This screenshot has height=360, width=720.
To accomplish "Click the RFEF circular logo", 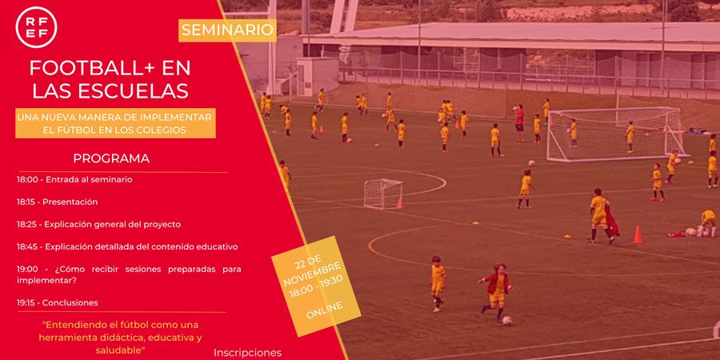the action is coord(36,27).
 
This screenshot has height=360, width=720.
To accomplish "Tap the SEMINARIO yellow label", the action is coord(227,30).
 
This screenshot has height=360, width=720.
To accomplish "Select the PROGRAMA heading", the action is coord(111,158).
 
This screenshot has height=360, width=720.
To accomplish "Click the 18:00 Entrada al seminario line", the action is coord(75,179).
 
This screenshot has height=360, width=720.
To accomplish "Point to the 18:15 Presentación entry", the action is coord(58,202).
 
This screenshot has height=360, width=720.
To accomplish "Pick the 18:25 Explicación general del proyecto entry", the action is coord(98,225).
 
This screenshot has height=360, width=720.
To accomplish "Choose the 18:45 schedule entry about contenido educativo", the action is coord(127,246).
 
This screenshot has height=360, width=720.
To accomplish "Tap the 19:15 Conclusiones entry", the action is coord(58,303).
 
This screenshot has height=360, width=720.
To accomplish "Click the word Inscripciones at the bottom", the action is coord(247,353).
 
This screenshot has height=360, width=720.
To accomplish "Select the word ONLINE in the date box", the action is coord(324,310).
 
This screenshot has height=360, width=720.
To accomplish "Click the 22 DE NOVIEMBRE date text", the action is coord(310,268).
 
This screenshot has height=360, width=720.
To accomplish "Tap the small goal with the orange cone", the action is coord(384,194).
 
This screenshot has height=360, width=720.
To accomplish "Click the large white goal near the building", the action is coord(615,134).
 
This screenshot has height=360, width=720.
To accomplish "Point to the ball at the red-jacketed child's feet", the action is coord(507,321).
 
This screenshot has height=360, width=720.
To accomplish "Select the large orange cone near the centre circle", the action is coord(638,234).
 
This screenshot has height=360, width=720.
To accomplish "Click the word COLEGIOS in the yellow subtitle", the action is coord(158,130).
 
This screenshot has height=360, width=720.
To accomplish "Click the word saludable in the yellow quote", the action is coord(120,350).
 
